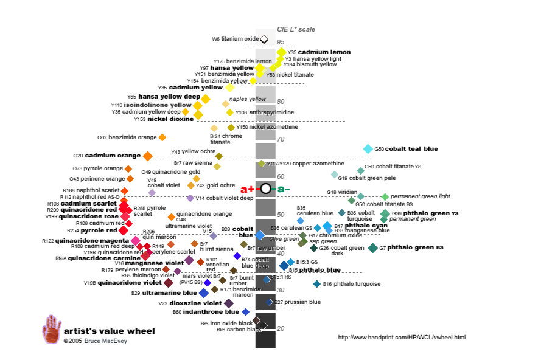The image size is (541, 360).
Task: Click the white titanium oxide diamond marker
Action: (264, 40)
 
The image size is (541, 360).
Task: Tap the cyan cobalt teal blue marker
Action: (368, 149)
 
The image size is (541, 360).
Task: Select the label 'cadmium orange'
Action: (113, 156)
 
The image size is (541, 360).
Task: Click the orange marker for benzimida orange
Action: (162, 137)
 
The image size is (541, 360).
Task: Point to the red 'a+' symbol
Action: (247, 189)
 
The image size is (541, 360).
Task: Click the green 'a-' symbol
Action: (284, 189)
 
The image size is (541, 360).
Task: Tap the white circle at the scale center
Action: (265, 189)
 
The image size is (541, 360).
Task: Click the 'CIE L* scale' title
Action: (296, 29)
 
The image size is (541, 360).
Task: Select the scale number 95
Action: (281, 42)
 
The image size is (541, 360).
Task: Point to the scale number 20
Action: (281, 328)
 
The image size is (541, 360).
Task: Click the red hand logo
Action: (51, 329)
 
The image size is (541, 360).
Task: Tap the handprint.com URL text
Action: (402, 337)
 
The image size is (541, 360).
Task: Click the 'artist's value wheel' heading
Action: (110, 331)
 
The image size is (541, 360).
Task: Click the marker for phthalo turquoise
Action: (316, 284)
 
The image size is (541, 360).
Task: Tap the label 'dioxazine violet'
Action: (195, 303)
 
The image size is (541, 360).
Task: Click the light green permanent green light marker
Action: (385, 197)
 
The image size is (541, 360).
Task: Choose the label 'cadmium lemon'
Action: (324, 52)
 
